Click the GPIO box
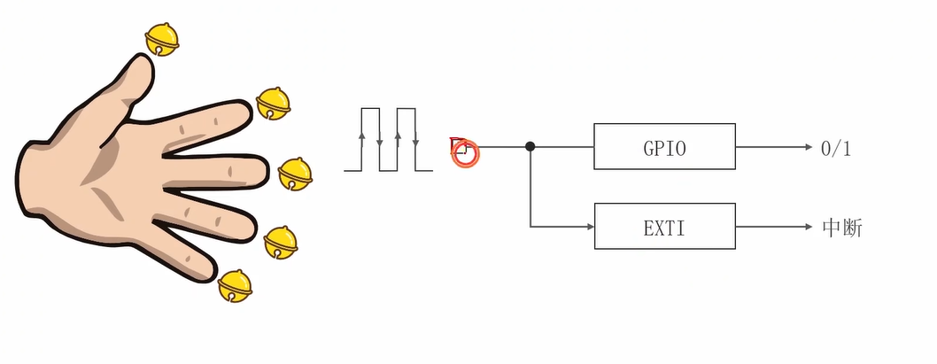tap(664, 146)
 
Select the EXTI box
tap(664, 227)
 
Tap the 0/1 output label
tap(835, 148)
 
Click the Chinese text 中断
tap(842, 228)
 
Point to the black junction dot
tap(530, 146)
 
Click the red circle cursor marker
tap(465, 154)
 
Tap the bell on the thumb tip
tap(162, 38)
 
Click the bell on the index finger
tap(273, 104)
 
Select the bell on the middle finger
tap(295, 174)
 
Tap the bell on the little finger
tap(235, 285)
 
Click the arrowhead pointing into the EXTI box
tap(587, 227)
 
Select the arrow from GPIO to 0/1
tap(771, 146)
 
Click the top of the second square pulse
tap(407, 108)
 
